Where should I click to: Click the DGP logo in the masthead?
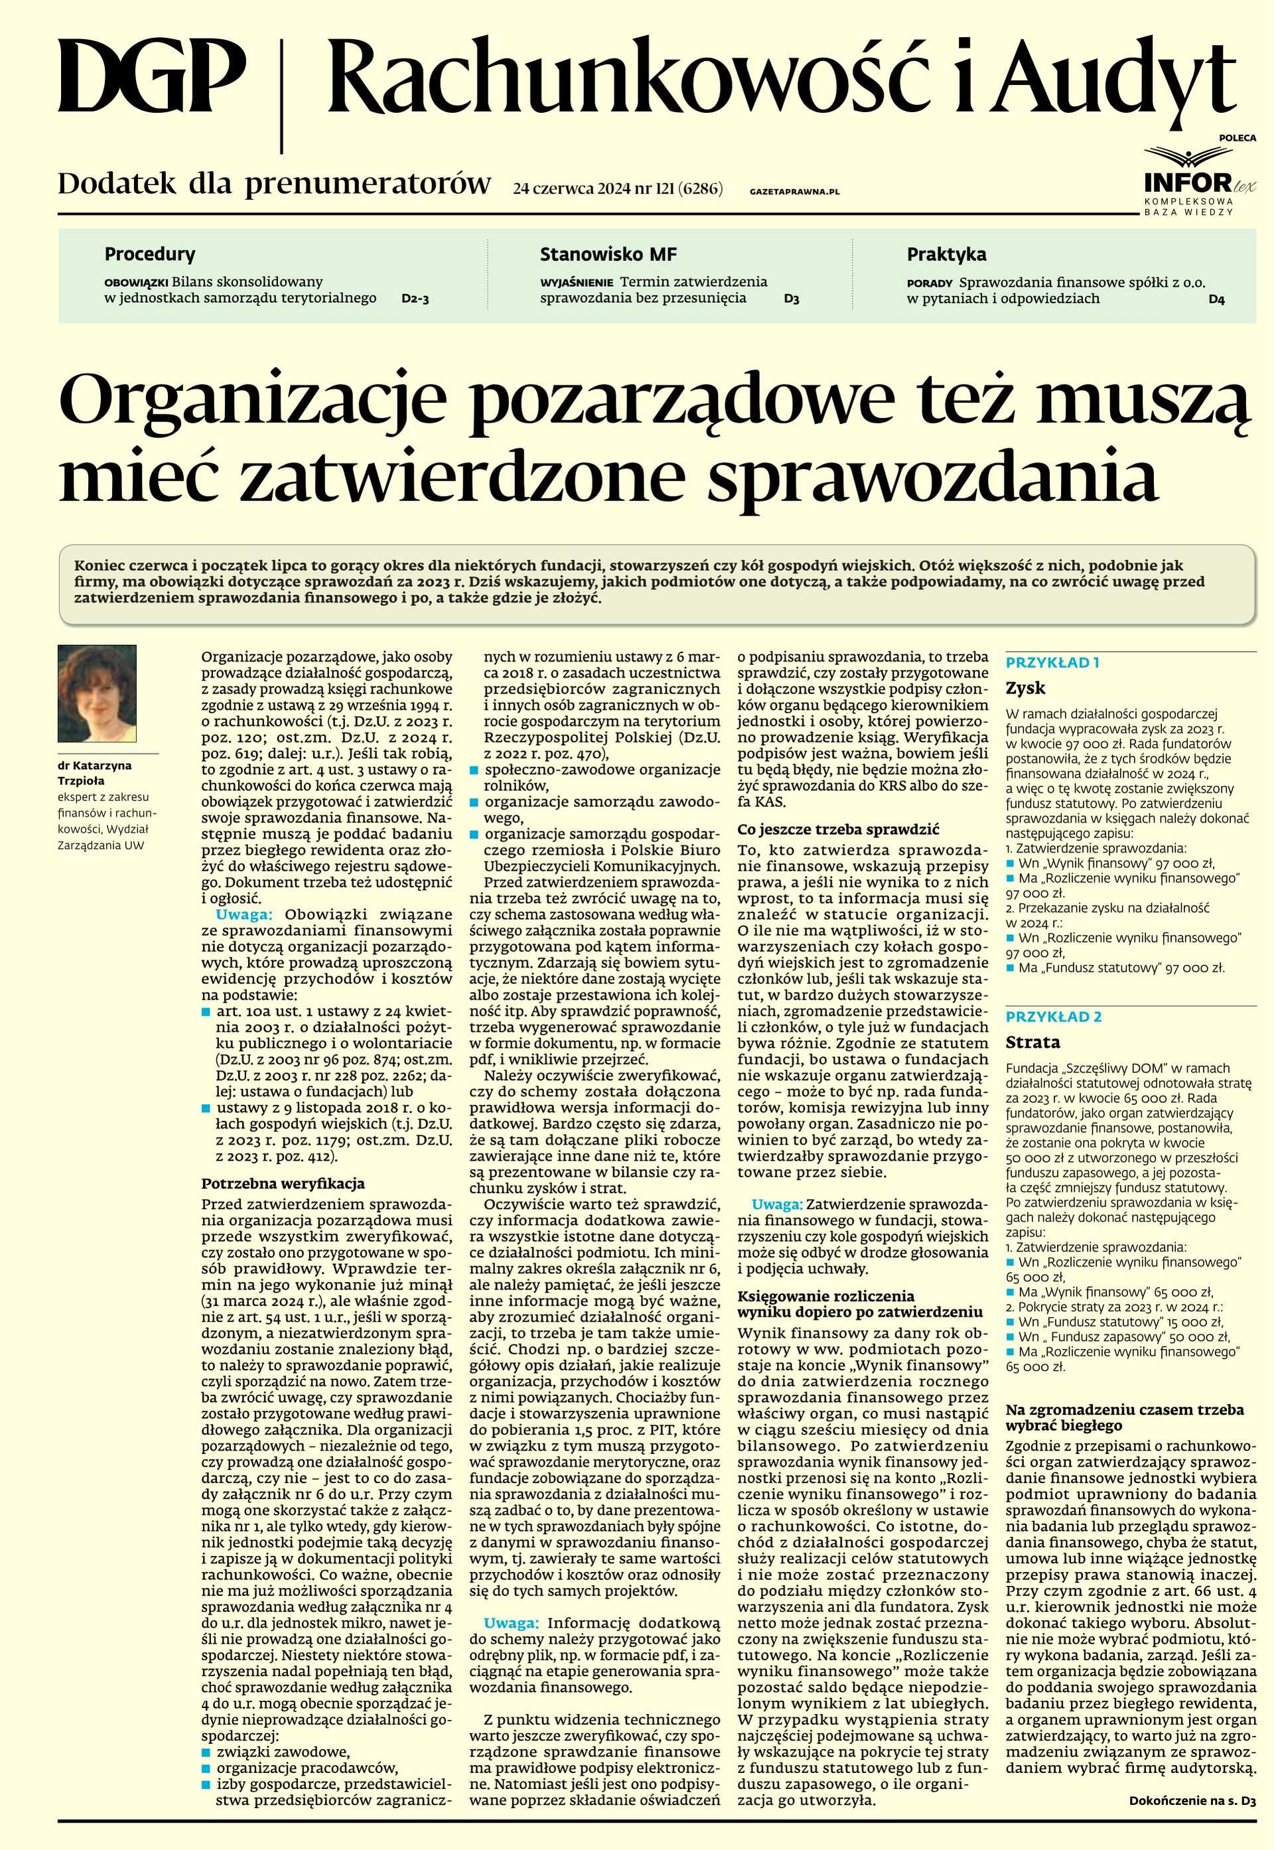(x=152, y=78)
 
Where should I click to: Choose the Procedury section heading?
(x=150, y=255)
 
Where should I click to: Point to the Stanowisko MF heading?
(x=608, y=255)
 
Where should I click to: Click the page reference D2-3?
(x=415, y=299)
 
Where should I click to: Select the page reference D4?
(x=1216, y=300)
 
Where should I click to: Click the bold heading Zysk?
(x=1025, y=688)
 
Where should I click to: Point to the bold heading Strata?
(x=1033, y=1042)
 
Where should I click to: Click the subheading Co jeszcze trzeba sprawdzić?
(x=838, y=829)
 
